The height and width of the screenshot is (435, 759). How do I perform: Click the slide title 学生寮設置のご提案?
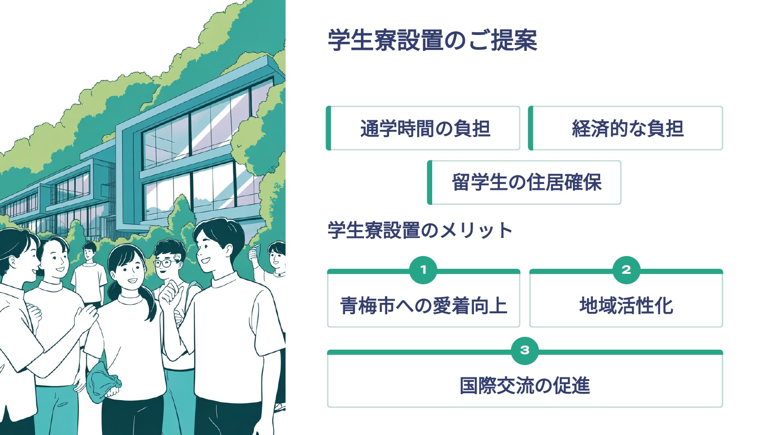[x=432, y=40]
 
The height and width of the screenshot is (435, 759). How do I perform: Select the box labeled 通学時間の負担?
[x=424, y=129]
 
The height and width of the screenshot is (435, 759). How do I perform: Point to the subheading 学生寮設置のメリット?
[x=420, y=230]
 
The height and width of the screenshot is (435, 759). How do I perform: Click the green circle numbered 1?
[x=423, y=270]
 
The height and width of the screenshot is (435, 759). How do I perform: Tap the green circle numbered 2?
[x=626, y=270]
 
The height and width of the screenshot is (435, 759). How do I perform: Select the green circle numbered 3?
[x=525, y=351]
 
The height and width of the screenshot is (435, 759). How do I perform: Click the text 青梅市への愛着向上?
[x=423, y=306]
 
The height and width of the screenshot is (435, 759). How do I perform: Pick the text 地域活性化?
[x=626, y=306]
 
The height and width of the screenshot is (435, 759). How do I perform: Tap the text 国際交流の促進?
[x=525, y=386]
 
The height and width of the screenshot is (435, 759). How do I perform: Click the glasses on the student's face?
[x=164, y=262]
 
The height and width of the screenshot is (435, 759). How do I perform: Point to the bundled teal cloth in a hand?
[x=103, y=384]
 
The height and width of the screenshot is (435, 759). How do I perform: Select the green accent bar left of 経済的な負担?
[x=531, y=129]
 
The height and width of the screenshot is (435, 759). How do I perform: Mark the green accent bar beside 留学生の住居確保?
[x=429, y=183]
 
